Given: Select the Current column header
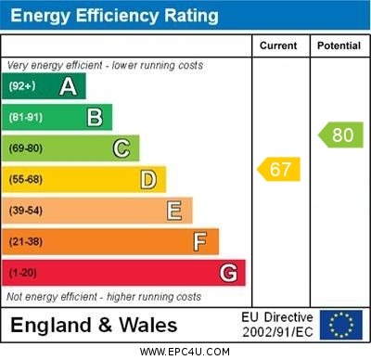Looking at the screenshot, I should [x=278, y=45].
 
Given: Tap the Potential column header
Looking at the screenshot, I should [x=339, y=45].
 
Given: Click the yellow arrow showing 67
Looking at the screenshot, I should [x=278, y=169].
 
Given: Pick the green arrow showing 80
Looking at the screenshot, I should [x=340, y=135].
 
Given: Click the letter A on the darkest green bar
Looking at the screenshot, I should [x=68, y=86].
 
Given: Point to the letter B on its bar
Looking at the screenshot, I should [x=95, y=117].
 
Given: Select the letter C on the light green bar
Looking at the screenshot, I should [x=122, y=148].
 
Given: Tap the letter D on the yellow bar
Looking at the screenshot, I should [x=148, y=179].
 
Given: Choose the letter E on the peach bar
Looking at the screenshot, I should [x=174, y=211].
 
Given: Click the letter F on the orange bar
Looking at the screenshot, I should [x=199, y=242].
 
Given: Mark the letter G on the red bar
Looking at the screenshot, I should [x=228, y=273].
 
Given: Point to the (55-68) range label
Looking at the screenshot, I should [x=25, y=179].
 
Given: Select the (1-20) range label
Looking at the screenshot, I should [x=22, y=273].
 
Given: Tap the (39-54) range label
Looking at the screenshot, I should [x=25, y=211].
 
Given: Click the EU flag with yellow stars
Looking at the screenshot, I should [x=341, y=324].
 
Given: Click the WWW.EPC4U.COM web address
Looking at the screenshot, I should [x=185, y=352].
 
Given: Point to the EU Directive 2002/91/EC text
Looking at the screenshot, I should [x=277, y=324].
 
